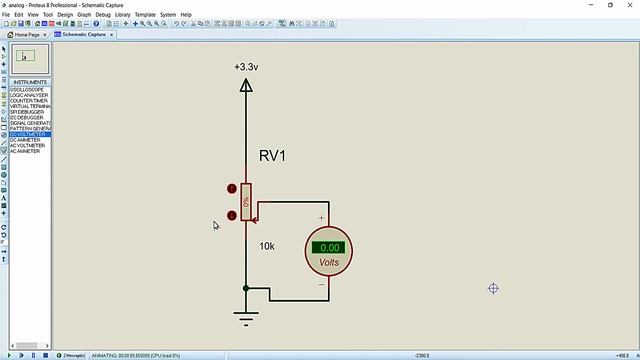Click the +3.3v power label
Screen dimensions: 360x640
tap(246, 67)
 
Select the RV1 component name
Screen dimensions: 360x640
tap(273, 156)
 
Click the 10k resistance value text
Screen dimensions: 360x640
tap(267, 246)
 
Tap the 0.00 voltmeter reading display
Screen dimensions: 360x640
tap(329, 248)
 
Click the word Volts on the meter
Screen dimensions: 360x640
tap(329, 263)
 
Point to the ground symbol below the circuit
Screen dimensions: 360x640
tap(246, 319)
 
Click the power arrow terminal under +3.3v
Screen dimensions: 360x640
tap(246, 86)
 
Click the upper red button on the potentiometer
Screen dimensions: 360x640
tap(232, 188)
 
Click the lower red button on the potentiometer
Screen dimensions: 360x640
tap(232, 215)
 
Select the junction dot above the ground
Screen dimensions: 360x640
tap(246, 289)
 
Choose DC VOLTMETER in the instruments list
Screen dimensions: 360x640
tap(30, 134)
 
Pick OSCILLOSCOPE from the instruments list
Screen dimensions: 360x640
tap(30, 90)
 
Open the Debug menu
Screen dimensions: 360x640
tap(103, 15)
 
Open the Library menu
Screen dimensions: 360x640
tap(123, 15)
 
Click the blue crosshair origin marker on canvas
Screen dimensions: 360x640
tap(493, 288)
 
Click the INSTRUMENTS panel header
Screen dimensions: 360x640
tap(30, 82)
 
